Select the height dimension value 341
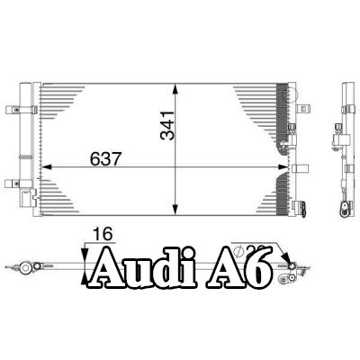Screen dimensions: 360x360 pyautogui.click(x=167, y=125)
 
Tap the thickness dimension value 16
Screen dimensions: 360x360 pyautogui.click(x=103, y=234)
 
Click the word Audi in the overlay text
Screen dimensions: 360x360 pyautogui.click(x=144, y=267)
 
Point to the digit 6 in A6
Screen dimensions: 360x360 pyautogui.click(x=257, y=268)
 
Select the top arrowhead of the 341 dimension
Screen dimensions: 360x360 pyautogui.click(x=175, y=89)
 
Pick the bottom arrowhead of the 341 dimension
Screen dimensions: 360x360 pyautogui.click(x=175, y=210)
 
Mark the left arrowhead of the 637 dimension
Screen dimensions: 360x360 pyautogui.click(x=47, y=166)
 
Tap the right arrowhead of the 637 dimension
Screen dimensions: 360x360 pyautogui.click(x=283, y=166)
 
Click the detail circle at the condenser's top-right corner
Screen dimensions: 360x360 pyautogui.click(x=290, y=94)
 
